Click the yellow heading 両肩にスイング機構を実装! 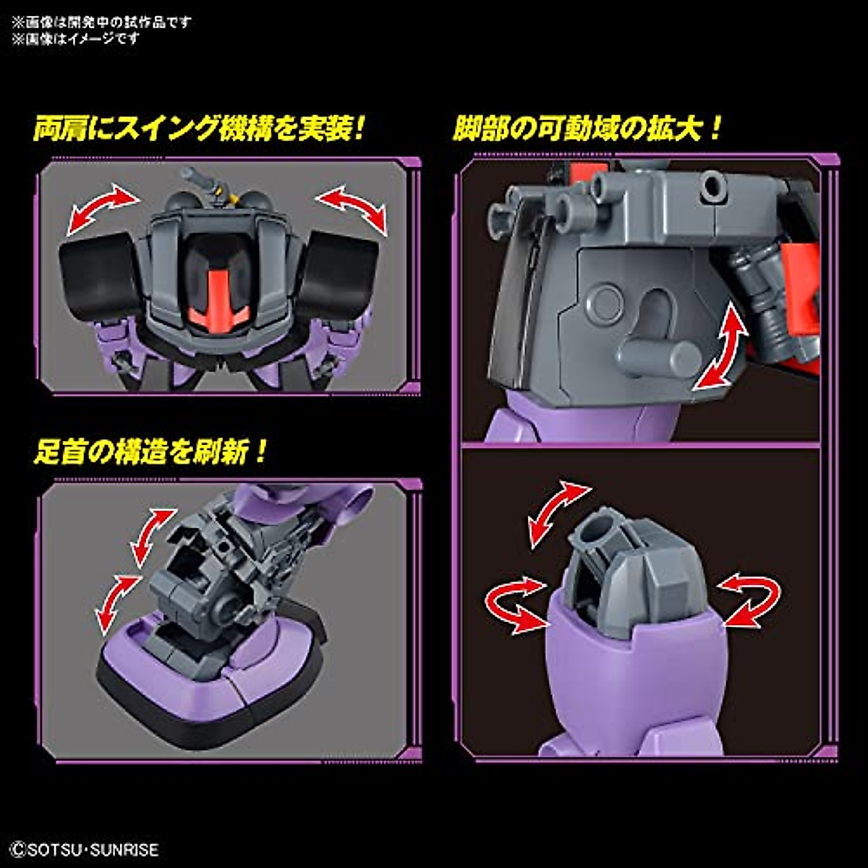tap(198, 130)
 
